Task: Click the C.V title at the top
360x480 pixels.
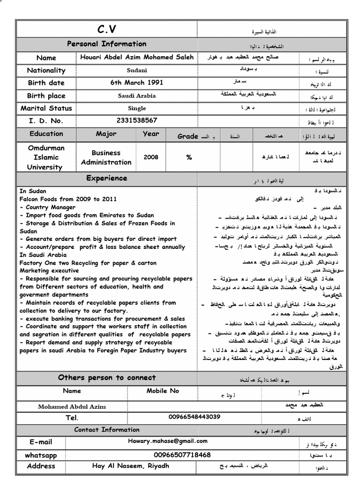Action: tap(106, 30)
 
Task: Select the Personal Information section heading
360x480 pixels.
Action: tap(106, 44)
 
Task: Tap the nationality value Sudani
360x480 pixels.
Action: tap(136, 70)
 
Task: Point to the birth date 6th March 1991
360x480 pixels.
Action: tap(136, 82)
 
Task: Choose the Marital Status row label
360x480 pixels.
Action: tap(46, 108)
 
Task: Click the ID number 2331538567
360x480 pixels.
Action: tap(136, 120)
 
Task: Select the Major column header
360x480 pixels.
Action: tap(106, 134)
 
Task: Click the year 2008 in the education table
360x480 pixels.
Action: tap(151, 157)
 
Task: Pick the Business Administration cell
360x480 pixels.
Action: tap(106, 157)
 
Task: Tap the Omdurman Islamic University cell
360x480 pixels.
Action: tap(46, 157)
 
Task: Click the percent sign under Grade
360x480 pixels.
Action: tap(189, 157)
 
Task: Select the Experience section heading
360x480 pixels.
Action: tap(106, 178)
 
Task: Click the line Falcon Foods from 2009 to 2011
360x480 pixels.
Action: tap(68, 199)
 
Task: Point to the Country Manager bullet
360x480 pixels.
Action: tap(49, 207)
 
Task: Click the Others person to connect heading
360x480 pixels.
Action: tap(106, 377)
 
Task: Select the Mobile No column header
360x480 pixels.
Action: tap(163, 391)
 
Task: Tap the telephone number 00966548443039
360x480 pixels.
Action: tap(194, 417)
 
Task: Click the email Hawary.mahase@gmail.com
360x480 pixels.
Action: tap(167, 441)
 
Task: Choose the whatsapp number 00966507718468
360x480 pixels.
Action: tap(182, 455)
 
